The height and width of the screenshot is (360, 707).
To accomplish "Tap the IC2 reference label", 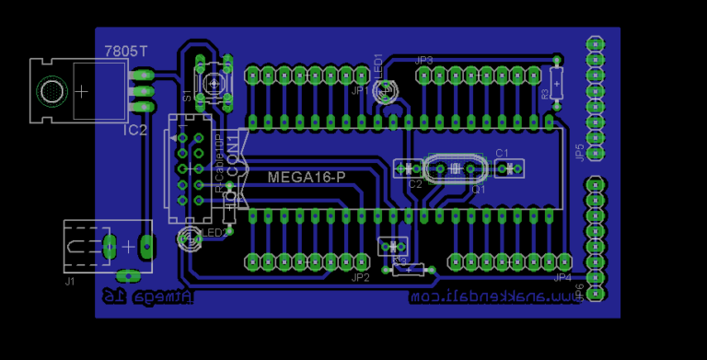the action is pyautogui.click(x=135, y=131).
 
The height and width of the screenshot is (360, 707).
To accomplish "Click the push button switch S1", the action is pyautogui.click(x=214, y=83).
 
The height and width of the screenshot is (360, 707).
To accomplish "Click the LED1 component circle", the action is pyautogui.click(x=386, y=91).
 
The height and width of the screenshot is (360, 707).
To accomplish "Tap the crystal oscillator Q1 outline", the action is pyautogui.click(x=454, y=168).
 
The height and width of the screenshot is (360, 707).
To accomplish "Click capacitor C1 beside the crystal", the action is pyautogui.click(x=508, y=168).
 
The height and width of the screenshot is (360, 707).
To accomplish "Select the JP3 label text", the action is pyautogui.click(x=424, y=60).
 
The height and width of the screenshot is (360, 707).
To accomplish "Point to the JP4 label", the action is pyautogui.click(x=562, y=277).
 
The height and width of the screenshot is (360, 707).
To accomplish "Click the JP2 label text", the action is pyautogui.click(x=360, y=277).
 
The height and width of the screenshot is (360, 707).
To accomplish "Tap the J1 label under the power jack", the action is pyautogui.click(x=71, y=281).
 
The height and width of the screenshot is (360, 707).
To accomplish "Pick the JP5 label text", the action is pyautogui.click(x=578, y=152).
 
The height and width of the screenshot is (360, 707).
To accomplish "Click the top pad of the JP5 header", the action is pyautogui.click(x=595, y=43).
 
